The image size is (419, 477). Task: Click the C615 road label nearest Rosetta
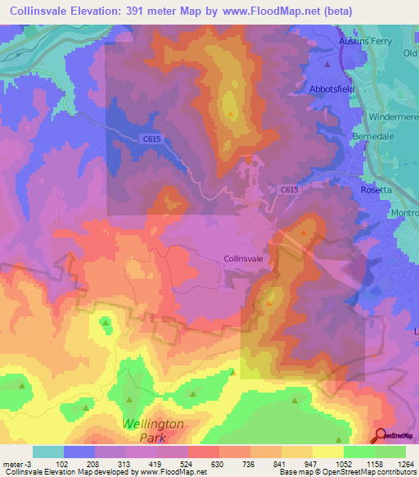coord(288,189)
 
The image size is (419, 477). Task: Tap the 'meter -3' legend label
coord(16,463)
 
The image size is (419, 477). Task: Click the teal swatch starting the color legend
coord(47,451)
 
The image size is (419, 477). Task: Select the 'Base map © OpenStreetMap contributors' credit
coord(347,472)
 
